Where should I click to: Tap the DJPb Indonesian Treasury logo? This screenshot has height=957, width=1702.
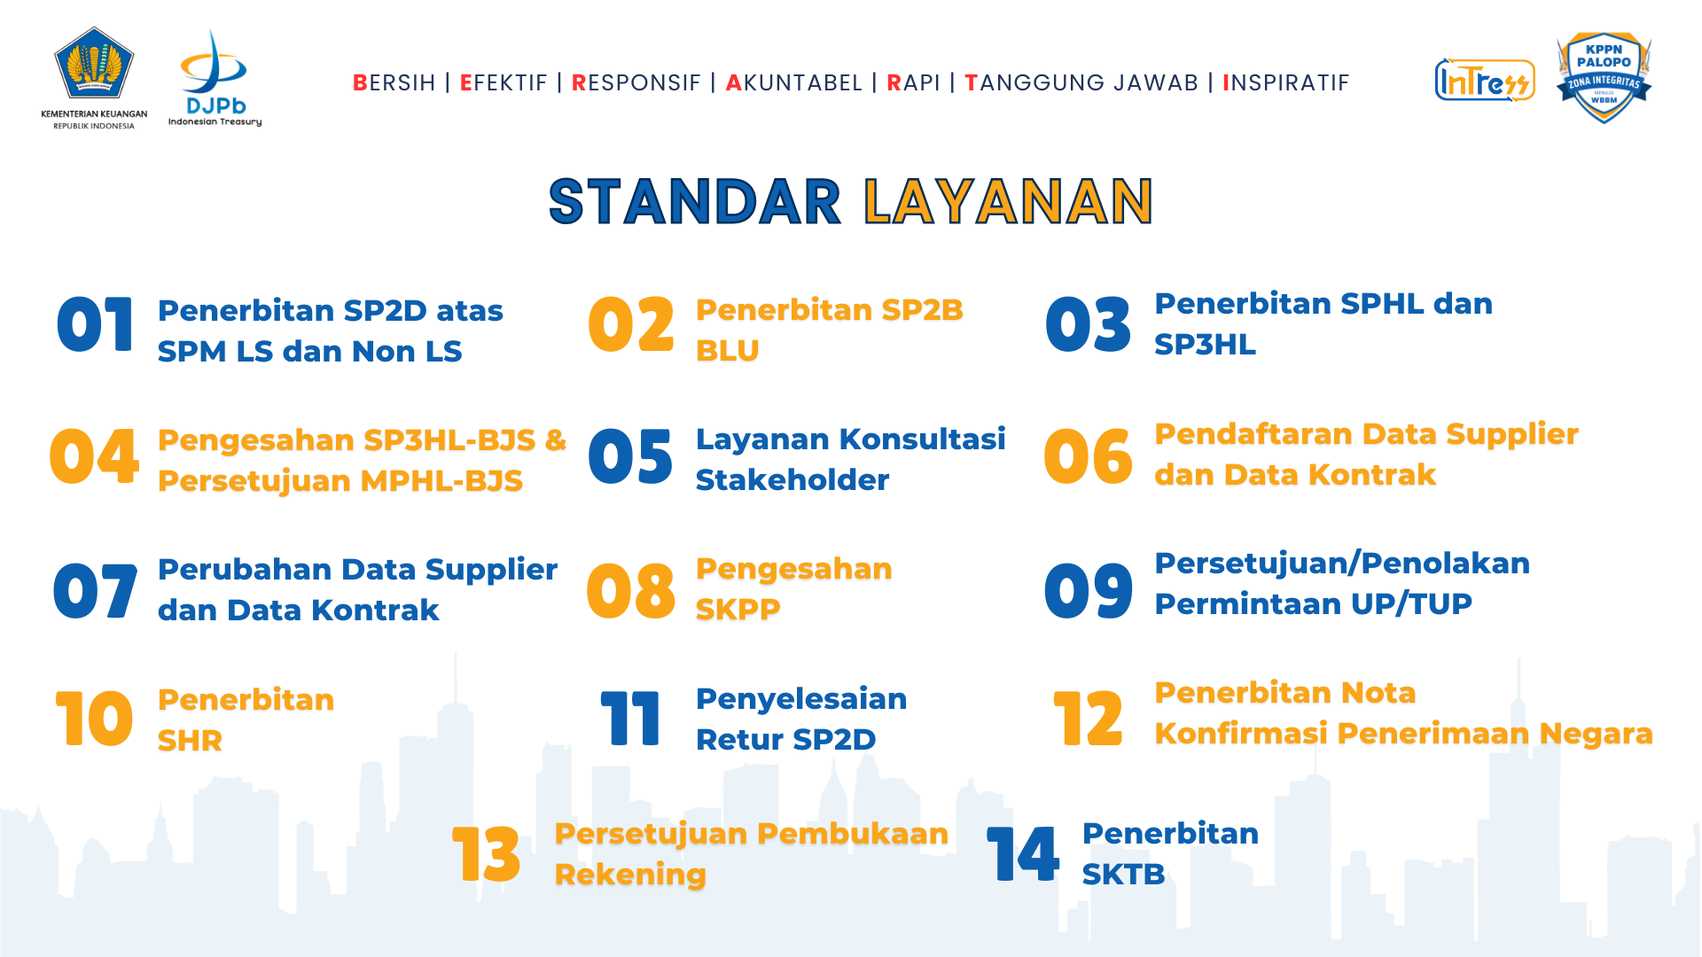[215, 78]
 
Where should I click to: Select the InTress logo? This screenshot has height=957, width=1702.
[1485, 81]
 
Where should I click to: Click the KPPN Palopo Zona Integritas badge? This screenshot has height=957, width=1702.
[1604, 78]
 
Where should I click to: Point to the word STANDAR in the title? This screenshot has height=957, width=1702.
[694, 201]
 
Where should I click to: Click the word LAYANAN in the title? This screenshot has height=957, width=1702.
[1008, 201]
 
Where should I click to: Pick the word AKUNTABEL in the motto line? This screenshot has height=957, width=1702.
[793, 82]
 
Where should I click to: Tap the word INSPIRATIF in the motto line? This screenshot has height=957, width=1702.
[1285, 82]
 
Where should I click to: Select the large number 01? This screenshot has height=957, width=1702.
[95, 324]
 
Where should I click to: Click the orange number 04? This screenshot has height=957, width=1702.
[94, 457]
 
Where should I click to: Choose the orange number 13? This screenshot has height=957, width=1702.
[486, 854]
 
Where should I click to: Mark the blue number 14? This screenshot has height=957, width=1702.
[1023, 854]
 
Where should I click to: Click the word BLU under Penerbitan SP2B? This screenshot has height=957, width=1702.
[727, 351]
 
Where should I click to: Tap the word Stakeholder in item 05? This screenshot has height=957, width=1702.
[792, 480]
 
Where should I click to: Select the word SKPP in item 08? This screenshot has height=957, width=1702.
[738, 610]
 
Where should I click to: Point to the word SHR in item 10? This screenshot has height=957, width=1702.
[190, 741]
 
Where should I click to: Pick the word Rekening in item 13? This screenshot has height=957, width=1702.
[630, 875]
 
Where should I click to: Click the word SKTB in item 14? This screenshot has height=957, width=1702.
[1123, 875]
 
